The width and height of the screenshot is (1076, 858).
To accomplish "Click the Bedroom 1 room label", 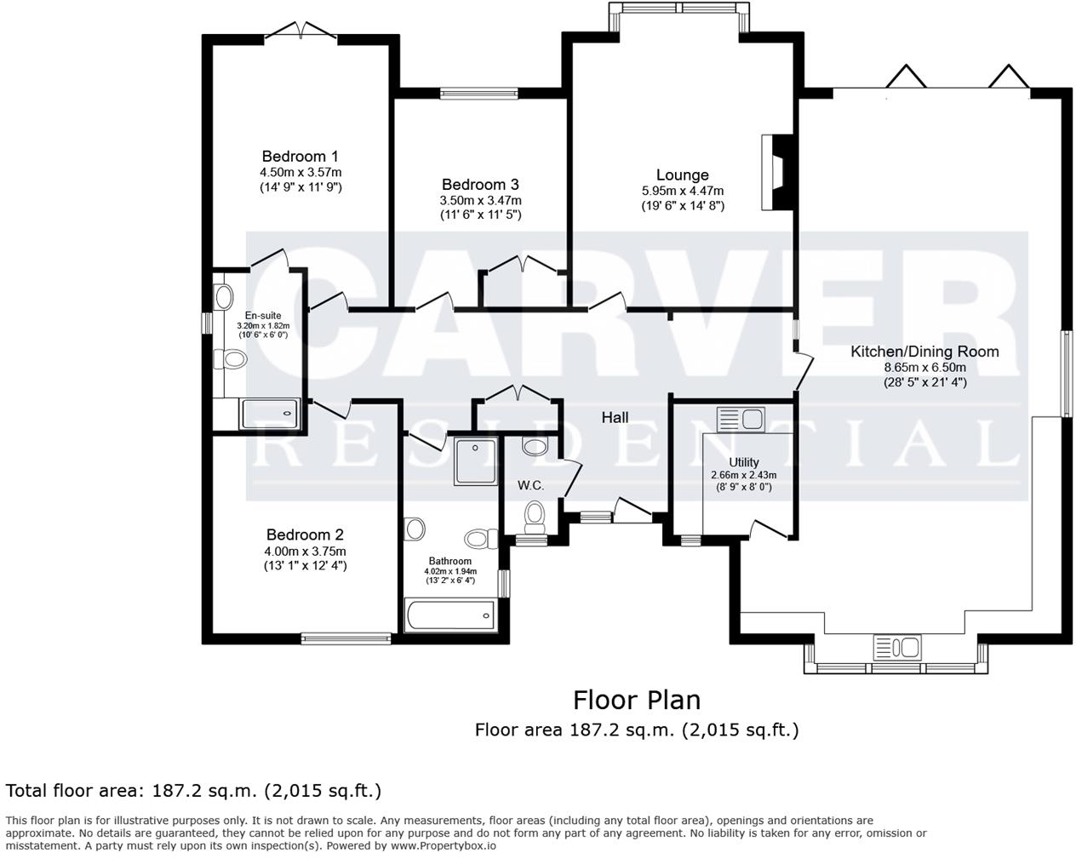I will click(300, 156).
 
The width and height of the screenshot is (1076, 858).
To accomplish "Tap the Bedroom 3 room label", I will click(480, 184).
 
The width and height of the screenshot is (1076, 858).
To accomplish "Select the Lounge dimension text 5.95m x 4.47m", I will click(683, 191).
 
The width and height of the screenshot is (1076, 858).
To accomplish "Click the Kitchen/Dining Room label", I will click(924, 351).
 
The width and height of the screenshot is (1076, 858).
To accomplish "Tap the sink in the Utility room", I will click(741, 419).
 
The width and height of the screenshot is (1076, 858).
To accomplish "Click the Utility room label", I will click(743, 462).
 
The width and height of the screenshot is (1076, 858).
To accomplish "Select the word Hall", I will click(615, 417).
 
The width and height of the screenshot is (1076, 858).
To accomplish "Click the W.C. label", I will click(530, 485).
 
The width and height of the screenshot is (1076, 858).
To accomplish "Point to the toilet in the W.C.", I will click(535, 514).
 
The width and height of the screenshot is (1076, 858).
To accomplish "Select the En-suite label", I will click(262, 315).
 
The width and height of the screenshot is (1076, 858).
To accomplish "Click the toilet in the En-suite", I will click(231, 360).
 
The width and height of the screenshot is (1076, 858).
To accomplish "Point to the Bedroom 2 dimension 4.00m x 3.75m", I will click(305, 552).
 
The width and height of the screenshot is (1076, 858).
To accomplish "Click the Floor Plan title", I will click(636, 700).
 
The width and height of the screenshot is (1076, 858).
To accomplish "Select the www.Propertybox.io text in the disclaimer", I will click(443, 846).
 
